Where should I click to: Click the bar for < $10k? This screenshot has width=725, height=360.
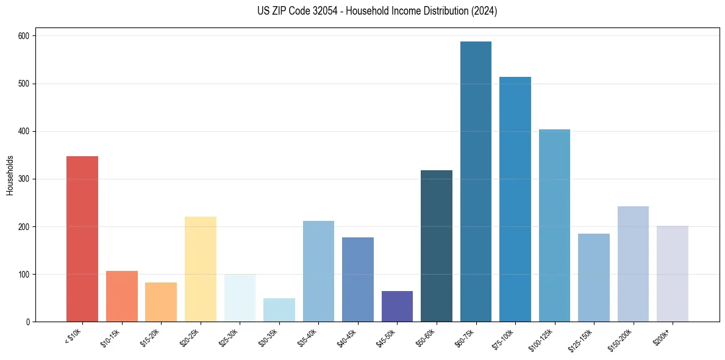tap(82, 239)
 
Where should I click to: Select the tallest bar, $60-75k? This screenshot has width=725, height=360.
tap(476, 182)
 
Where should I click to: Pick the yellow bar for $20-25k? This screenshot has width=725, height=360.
tap(200, 269)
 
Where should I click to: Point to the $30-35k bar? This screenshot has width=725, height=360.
tap(279, 310)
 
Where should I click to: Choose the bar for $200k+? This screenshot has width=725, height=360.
tap(672, 274)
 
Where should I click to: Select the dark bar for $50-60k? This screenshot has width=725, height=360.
tap(436, 246)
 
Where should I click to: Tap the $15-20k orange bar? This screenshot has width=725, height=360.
tap(160, 302)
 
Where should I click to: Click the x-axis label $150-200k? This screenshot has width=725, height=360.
tap(628, 337)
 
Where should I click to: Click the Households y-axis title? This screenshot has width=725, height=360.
tap(10, 175)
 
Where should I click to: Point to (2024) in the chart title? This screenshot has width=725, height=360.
tap(485, 11)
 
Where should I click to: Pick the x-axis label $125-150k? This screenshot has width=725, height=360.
tap(589, 337)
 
